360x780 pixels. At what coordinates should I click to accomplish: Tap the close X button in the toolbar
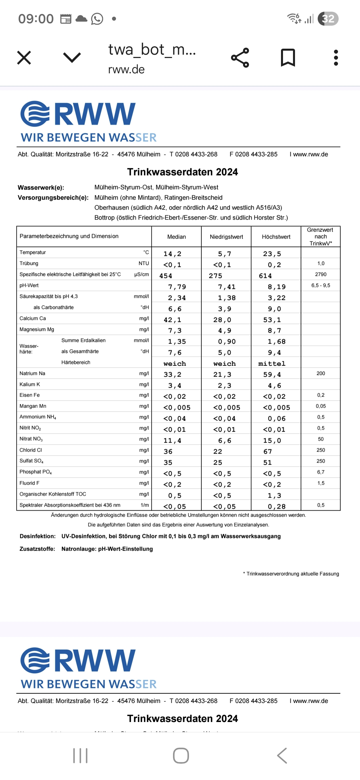pyautogui.click(x=24, y=58)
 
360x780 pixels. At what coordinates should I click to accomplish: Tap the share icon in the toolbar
pyautogui.click(x=240, y=58)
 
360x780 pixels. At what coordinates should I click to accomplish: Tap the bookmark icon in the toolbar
pyautogui.click(x=288, y=58)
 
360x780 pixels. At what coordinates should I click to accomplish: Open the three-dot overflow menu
pyautogui.click(x=336, y=58)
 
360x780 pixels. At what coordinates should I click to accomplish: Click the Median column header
pyautogui.click(x=176, y=237)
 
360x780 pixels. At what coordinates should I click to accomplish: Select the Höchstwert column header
pyautogui.click(x=276, y=237)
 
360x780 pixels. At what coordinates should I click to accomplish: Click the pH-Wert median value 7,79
pyautogui.click(x=177, y=287)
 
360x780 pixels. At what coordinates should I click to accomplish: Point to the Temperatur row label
pyautogui.click(x=33, y=252)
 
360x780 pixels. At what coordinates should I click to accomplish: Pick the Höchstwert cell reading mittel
pyautogui.click(x=272, y=364)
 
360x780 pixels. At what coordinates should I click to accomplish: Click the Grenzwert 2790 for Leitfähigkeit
pyautogui.click(x=321, y=274)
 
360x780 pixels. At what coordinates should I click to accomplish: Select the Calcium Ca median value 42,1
pyautogui.click(x=172, y=320)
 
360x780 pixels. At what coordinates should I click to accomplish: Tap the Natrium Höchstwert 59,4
pyautogui.click(x=272, y=374)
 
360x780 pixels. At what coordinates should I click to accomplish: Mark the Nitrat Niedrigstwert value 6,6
pyautogui.click(x=224, y=440)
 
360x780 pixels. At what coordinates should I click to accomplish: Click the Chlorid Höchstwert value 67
pyautogui.click(x=268, y=451)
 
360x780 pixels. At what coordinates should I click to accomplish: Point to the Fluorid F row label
pyautogui.click(x=29, y=483)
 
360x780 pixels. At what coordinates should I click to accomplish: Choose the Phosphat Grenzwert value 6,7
pyautogui.click(x=321, y=472)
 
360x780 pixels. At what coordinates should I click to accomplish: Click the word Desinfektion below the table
pyautogui.click(x=37, y=536)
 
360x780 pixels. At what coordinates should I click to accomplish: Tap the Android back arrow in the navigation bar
pyautogui.click(x=282, y=755)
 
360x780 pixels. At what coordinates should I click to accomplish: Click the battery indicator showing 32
pyautogui.click(x=328, y=19)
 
